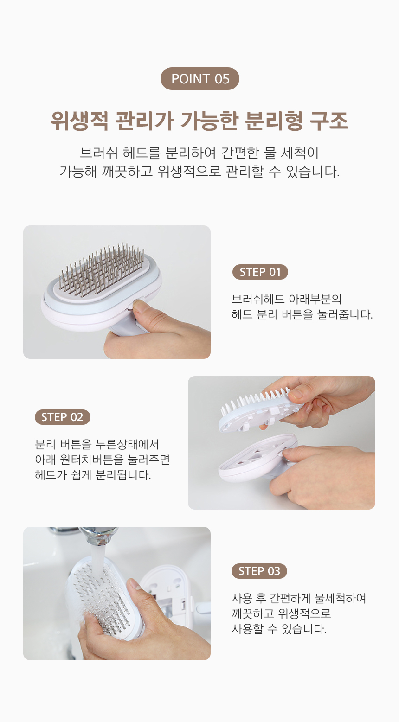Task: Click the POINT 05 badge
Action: tap(199, 79)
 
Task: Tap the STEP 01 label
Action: tap(260, 272)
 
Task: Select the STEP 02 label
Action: tap(62, 417)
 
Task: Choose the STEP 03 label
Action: tap(259, 571)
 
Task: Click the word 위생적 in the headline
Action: tap(79, 121)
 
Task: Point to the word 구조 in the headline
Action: tap(329, 121)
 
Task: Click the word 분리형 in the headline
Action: tap(274, 121)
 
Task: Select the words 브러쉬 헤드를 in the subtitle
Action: tap(120, 153)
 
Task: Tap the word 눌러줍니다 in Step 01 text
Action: tap(345, 314)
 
